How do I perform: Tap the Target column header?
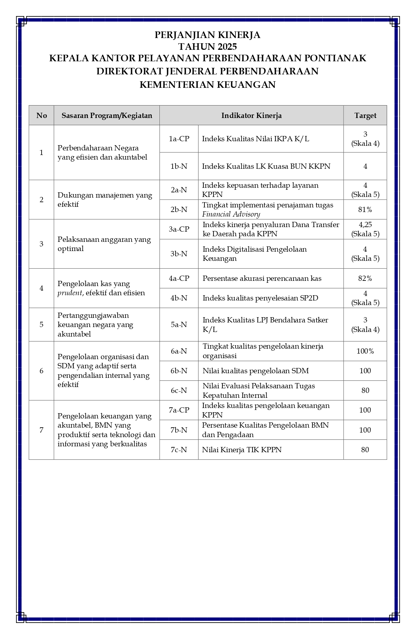(x=365, y=115)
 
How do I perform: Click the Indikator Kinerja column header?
(x=251, y=115)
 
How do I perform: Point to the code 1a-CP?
(x=179, y=139)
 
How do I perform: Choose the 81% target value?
(x=365, y=209)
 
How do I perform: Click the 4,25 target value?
(x=365, y=225)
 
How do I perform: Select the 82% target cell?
(x=365, y=279)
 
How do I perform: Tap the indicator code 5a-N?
(x=179, y=324)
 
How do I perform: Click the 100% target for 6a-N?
(x=365, y=351)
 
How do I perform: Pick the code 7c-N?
(x=179, y=450)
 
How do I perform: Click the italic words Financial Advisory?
(x=231, y=214)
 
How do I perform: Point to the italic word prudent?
(x=70, y=293)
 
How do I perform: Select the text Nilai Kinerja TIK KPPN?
(x=242, y=450)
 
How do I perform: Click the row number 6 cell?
(x=41, y=371)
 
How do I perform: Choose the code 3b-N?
(x=179, y=254)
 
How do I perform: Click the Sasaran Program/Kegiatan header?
(x=107, y=115)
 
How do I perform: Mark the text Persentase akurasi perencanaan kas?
(x=262, y=279)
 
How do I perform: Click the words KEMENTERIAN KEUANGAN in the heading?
(x=208, y=85)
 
